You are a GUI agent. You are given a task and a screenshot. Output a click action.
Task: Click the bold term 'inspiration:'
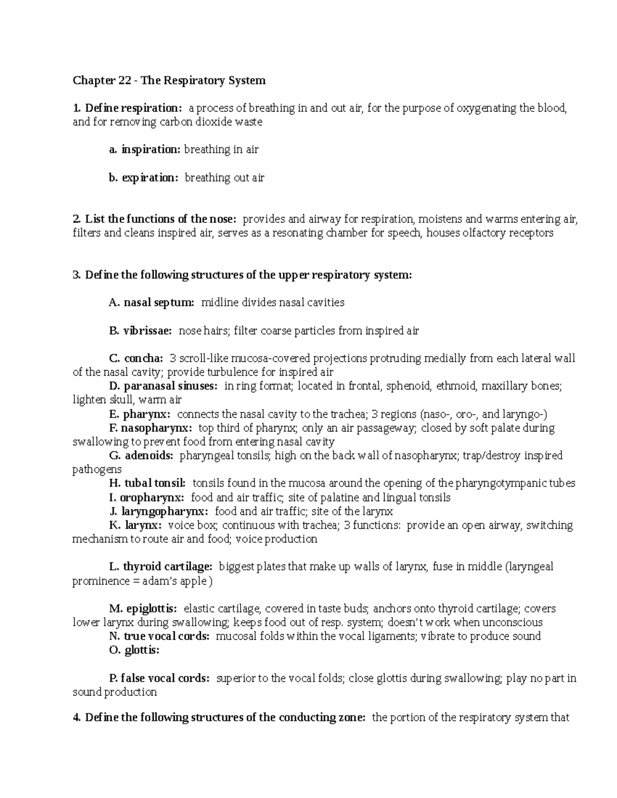pyautogui.click(x=151, y=150)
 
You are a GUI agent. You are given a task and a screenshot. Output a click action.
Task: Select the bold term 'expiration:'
pyautogui.click(x=151, y=178)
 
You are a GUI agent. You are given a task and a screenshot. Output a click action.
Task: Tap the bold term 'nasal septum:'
pyautogui.click(x=159, y=303)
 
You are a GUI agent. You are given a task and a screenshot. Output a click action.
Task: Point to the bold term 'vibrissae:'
pyautogui.click(x=148, y=331)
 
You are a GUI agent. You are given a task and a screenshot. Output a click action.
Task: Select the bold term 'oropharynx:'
pyautogui.click(x=152, y=497)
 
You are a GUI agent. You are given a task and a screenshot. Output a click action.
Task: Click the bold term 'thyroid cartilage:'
pyautogui.click(x=167, y=567)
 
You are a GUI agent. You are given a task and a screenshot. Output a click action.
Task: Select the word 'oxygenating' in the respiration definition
pyautogui.click(x=486, y=108)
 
